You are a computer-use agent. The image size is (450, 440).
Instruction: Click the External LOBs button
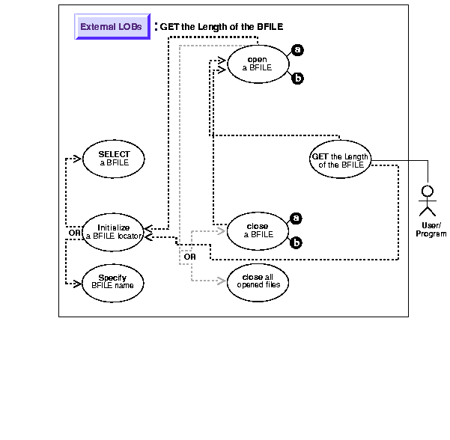[112, 27]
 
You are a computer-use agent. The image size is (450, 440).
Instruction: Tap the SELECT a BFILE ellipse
[114, 158]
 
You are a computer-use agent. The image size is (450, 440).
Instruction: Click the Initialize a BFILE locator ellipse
[113, 231]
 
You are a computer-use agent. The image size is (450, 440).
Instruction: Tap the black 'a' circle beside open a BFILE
[297, 50]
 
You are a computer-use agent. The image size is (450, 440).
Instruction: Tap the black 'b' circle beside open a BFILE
[297, 78]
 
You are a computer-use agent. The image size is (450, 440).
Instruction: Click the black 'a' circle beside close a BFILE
[297, 219]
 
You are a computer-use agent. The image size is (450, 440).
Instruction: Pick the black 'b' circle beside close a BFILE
[297, 242]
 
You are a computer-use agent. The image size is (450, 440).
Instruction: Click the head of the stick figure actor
[429, 189]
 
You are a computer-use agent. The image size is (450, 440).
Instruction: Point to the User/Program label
[431, 230]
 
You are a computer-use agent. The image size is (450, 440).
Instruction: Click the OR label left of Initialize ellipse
[73, 233]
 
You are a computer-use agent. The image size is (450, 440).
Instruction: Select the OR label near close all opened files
[189, 257]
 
